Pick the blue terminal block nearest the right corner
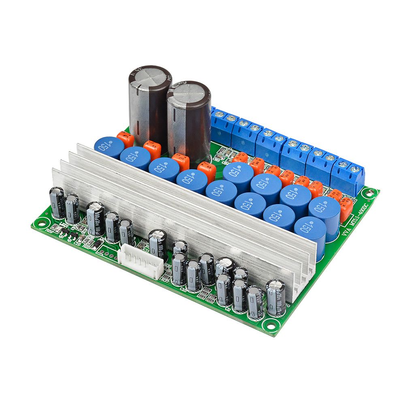[x=347, y=175]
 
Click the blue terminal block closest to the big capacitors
[x=222, y=122]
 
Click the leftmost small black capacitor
[x=57, y=202]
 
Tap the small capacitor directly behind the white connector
[x=158, y=243]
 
